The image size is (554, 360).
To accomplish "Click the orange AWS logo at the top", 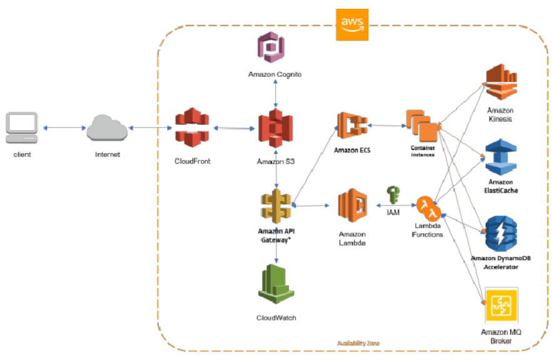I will click(x=352, y=24).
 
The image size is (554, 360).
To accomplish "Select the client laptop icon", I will click(x=22, y=127).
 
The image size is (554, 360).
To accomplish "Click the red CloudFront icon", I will click(x=193, y=128).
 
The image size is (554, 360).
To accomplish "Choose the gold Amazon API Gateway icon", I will click(x=276, y=206).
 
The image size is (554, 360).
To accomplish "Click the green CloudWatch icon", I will click(x=276, y=284).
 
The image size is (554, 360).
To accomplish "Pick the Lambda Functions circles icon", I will click(x=429, y=209).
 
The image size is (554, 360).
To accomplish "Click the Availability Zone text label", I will click(x=358, y=343).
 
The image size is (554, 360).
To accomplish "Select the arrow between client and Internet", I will click(x=64, y=127).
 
